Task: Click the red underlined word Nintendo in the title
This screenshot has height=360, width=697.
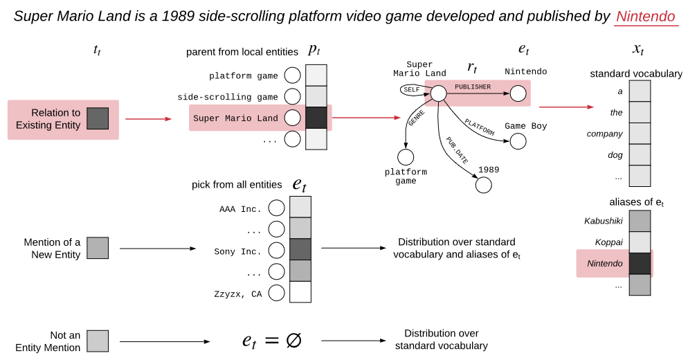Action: tap(646, 17)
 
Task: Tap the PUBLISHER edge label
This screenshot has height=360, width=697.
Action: tap(473, 87)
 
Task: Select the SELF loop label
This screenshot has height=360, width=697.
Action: tap(412, 90)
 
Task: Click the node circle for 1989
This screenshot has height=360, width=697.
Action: tap(484, 185)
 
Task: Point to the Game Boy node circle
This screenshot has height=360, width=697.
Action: tap(518, 141)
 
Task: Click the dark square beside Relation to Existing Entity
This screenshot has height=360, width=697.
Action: tap(98, 118)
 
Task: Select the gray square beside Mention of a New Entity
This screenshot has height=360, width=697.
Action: tap(98, 248)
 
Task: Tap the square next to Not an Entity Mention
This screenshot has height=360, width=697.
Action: tap(98, 341)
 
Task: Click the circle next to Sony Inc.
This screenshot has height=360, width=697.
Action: tap(276, 250)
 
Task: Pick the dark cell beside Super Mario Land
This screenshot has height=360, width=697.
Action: tap(316, 118)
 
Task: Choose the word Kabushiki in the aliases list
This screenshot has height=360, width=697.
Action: tap(603, 221)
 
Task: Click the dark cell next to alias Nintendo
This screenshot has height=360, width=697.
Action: tap(640, 264)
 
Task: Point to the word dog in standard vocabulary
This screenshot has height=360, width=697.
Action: tap(615, 155)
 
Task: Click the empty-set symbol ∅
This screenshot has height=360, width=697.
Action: tap(293, 341)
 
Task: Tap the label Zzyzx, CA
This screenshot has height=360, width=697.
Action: tap(238, 294)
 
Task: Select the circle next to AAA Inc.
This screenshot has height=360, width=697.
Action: tap(276, 208)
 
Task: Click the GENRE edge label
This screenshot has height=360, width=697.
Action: tap(417, 118)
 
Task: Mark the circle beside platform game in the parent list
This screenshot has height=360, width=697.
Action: tap(292, 75)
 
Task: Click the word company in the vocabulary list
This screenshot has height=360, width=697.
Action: tap(604, 134)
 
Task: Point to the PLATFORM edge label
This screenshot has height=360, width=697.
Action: tap(480, 127)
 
